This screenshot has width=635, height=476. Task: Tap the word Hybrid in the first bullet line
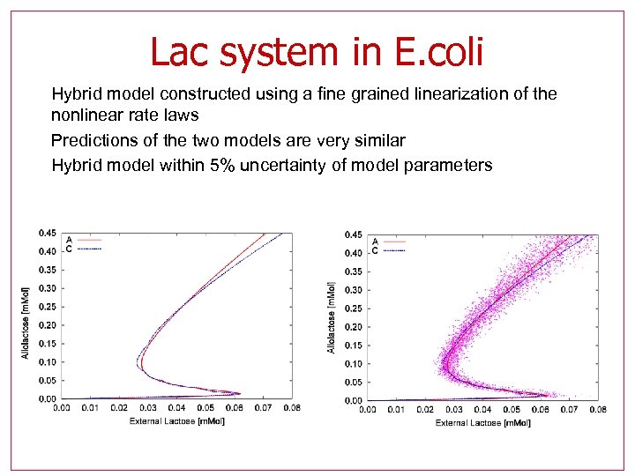click(x=78, y=93)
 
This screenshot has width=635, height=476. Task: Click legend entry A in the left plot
click(x=70, y=239)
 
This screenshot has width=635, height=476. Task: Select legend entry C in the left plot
click(x=70, y=249)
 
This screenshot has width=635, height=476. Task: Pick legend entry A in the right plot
click(x=376, y=241)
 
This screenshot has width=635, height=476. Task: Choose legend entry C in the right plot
click(x=376, y=250)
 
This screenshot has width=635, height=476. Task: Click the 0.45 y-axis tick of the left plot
click(x=47, y=234)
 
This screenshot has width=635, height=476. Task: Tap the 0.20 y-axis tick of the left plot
click(x=47, y=325)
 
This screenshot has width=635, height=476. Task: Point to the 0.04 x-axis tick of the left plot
click(x=176, y=408)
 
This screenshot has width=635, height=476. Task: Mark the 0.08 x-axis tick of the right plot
click(x=597, y=410)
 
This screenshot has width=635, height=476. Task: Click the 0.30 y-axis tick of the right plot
click(x=353, y=290)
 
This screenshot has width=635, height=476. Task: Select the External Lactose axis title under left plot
click(x=176, y=421)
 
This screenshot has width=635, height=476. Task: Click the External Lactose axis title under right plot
click(x=482, y=423)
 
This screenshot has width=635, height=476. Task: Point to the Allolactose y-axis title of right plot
click(x=332, y=317)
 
